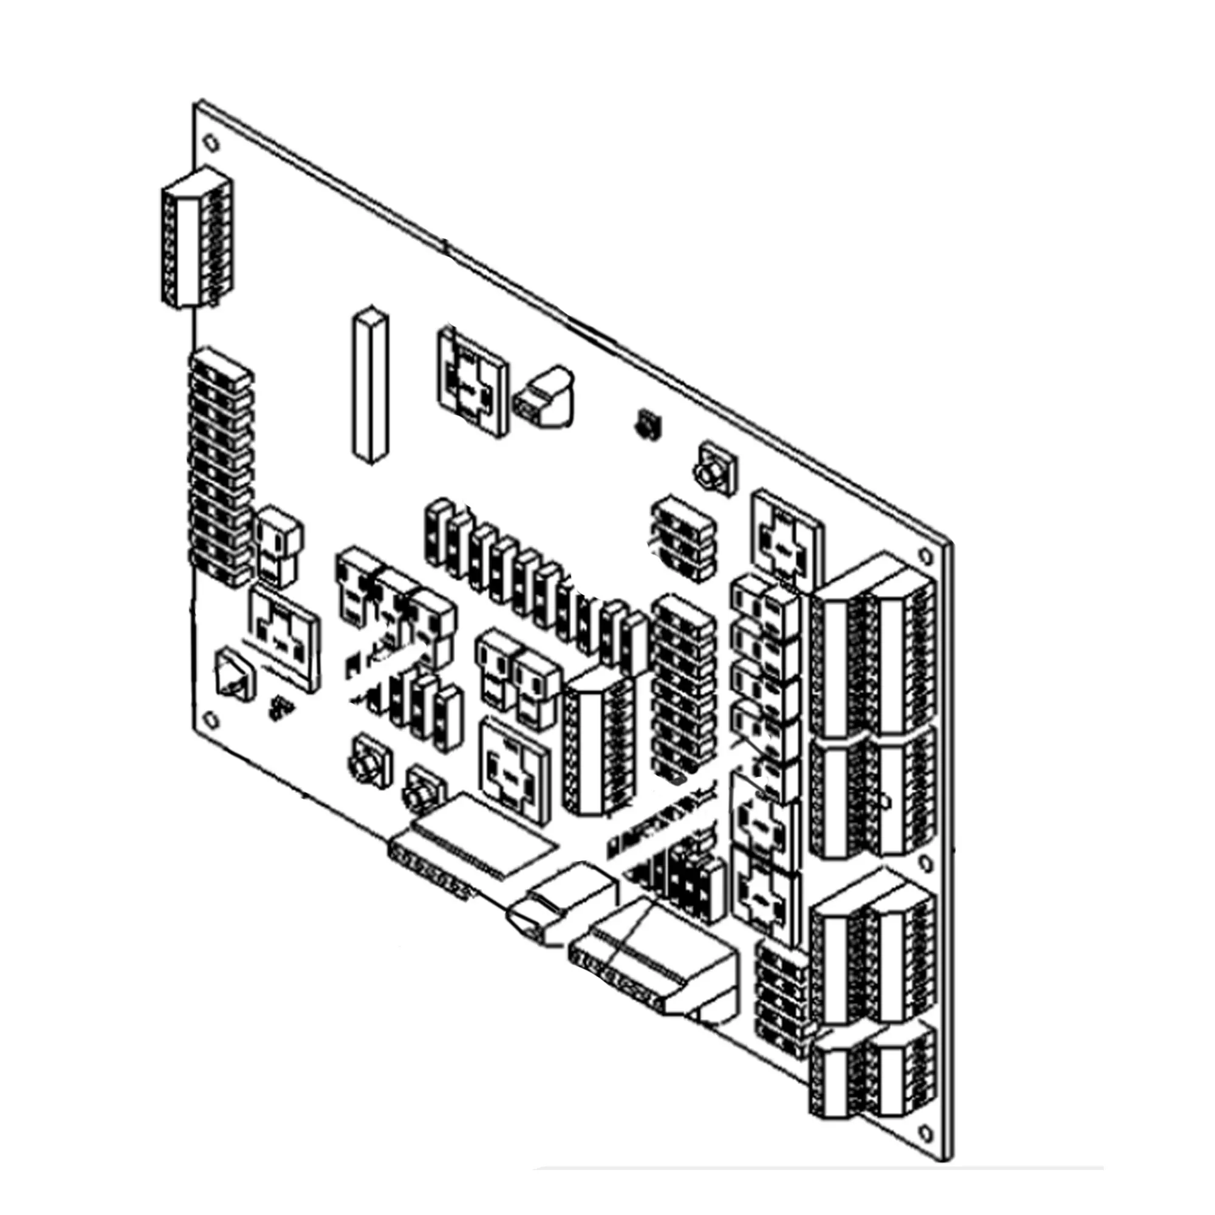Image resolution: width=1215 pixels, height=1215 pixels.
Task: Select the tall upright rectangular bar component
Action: (x=370, y=385)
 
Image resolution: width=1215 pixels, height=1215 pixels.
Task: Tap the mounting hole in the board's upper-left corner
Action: (x=213, y=143)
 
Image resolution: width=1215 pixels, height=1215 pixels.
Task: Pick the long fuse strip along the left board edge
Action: (x=220, y=468)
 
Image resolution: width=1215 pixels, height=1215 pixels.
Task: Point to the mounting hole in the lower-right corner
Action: (x=925, y=1132)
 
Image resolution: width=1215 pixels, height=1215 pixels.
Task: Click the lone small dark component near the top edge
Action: (x=646, y=425)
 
